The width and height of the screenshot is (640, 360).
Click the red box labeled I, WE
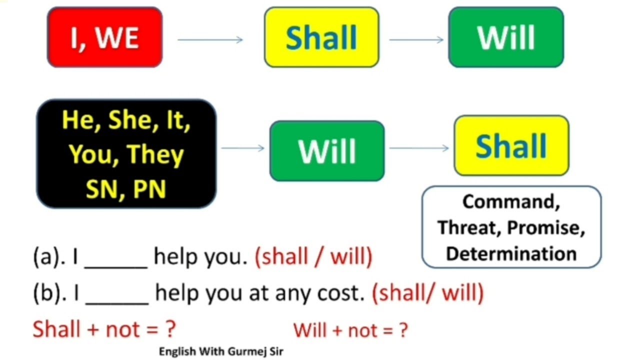(x=104, y=37)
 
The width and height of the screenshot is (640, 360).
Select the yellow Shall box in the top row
(x=321, y=37)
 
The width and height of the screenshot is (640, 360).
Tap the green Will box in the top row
(x=506, y=37)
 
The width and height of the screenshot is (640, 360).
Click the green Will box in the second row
(x=327, y=150)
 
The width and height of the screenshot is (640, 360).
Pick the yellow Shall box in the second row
(x=511, y=145)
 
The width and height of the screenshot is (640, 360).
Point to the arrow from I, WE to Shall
(x=210, y=40)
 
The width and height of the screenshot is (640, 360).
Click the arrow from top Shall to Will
(x=416, y=40)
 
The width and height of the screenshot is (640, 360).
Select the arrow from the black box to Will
(x=242, y=148)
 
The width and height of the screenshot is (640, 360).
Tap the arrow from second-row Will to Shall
(x=419, y=148)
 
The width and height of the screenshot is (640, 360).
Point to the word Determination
(x=511, y=253)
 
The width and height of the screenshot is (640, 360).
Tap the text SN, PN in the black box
(x=126, y=189)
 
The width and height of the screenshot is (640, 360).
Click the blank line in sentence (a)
(x=116, y=265)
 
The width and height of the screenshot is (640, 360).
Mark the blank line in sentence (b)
(x=117, y=301)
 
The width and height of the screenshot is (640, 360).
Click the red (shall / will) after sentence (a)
(x=313, y=257)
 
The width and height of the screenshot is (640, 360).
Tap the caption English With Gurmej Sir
(x=221, y=351)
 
